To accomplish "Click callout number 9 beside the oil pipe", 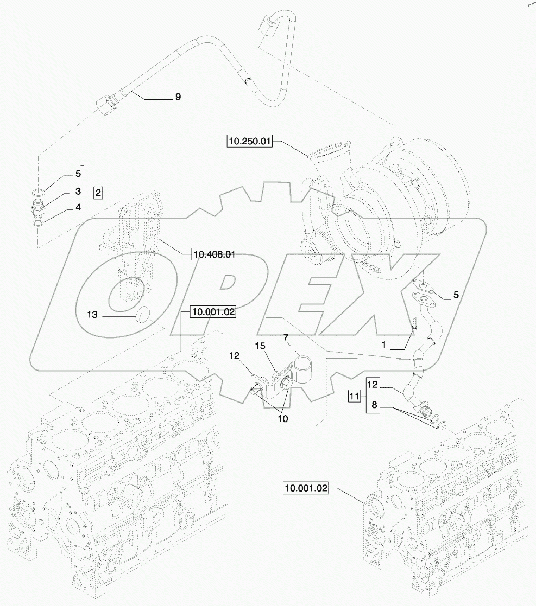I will (178, 97).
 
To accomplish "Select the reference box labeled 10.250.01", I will (248, 142).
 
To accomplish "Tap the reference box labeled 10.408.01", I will (214, 253).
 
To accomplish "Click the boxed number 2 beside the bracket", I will (98, 192).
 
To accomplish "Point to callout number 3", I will (78, 192).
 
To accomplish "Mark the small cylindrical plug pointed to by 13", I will (142, 314).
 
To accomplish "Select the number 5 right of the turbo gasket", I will (456, 296).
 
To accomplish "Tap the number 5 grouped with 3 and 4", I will (78, 175).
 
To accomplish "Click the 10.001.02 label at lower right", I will (306, 488).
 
